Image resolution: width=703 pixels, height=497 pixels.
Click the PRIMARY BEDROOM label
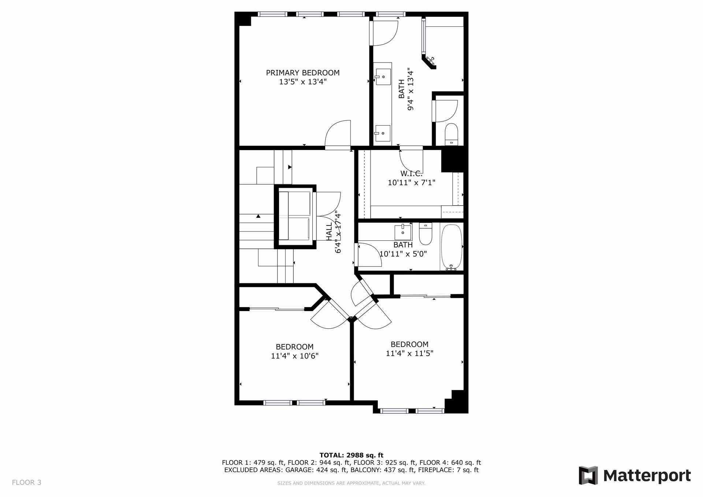[303, 73]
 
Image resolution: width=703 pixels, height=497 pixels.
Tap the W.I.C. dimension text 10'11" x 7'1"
[412, 182]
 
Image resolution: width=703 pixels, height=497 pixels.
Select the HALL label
[329, 231]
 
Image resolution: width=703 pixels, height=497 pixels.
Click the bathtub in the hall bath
[452, 247]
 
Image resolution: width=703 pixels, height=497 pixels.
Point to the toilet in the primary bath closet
[451, 135]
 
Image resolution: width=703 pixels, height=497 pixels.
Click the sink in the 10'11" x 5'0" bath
[403, 232]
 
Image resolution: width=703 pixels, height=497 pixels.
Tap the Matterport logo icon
[588, 475]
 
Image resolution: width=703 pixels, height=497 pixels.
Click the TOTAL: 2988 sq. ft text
[351, 455]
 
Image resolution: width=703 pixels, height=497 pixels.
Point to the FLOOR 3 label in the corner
[27, 482]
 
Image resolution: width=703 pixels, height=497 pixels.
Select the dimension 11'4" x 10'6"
[295, 356]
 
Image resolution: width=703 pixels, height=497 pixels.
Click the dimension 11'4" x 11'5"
[410, 354]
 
